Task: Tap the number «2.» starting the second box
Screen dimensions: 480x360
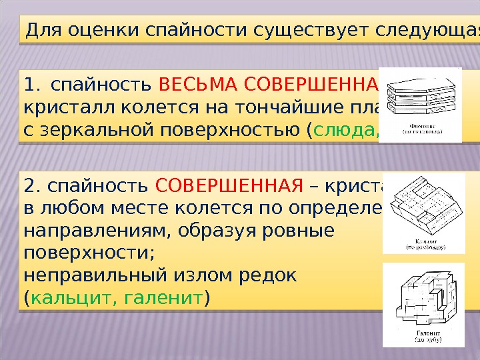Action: coord(33,185)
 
